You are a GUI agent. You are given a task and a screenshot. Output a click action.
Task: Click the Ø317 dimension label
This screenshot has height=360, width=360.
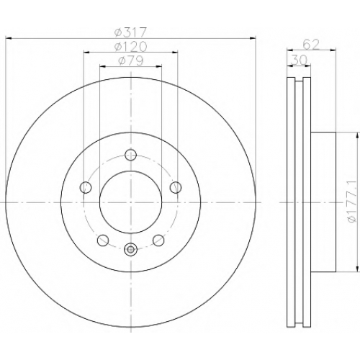130,33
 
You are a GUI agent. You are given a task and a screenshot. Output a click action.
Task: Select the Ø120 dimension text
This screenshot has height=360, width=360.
130,47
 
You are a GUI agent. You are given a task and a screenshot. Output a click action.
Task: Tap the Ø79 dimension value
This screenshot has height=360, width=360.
131,60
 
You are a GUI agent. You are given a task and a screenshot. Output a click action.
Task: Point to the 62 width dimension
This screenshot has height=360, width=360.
311,45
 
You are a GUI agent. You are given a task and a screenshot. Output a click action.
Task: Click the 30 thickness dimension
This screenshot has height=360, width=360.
299,60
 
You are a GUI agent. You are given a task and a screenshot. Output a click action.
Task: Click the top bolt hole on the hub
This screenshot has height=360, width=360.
131,155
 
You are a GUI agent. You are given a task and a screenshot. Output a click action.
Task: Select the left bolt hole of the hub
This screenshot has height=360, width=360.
86,187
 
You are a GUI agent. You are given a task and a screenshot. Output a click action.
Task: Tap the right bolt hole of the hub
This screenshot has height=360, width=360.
176,187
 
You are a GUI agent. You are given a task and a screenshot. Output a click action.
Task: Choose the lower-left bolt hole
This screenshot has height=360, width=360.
103,240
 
